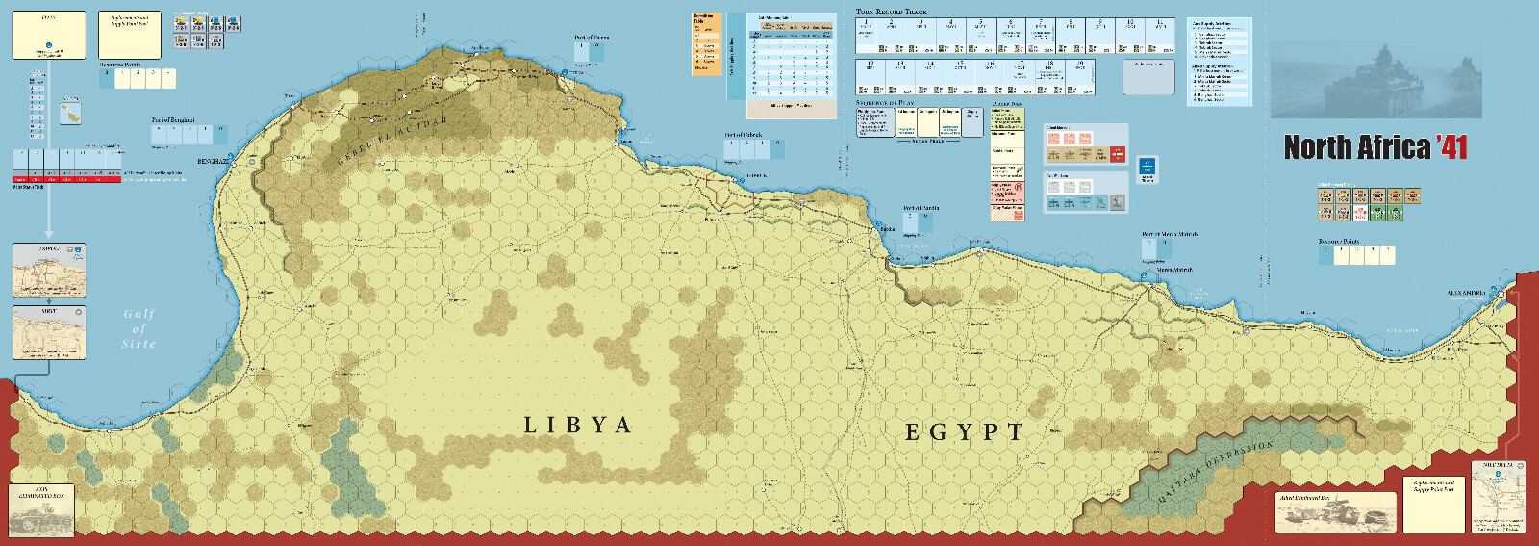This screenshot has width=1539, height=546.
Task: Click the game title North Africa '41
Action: [1375, 147]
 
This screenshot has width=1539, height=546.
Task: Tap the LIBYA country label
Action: [577, 426]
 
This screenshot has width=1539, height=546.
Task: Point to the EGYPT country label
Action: [964, 432]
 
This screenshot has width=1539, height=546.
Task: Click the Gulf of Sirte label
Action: [139, 328]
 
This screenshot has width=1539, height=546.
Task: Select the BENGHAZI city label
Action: [213, 162]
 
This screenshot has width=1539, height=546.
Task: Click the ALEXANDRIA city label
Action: [1467, 293]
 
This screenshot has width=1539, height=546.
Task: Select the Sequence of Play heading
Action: [885, 103]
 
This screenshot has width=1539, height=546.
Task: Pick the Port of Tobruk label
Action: [744, 136]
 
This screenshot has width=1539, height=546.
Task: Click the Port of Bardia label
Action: [921, 208]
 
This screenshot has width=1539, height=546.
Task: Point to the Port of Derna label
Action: [592, 38]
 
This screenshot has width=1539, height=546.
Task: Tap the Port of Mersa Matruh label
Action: [1170, 234]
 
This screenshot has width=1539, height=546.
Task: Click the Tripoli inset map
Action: [48, 271]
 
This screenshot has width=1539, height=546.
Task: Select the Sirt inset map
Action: [48, 332]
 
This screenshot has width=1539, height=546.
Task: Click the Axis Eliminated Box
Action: [41, 508]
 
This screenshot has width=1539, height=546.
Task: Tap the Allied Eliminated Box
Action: [1335, 512]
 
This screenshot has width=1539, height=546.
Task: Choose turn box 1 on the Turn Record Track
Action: [866, 35]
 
